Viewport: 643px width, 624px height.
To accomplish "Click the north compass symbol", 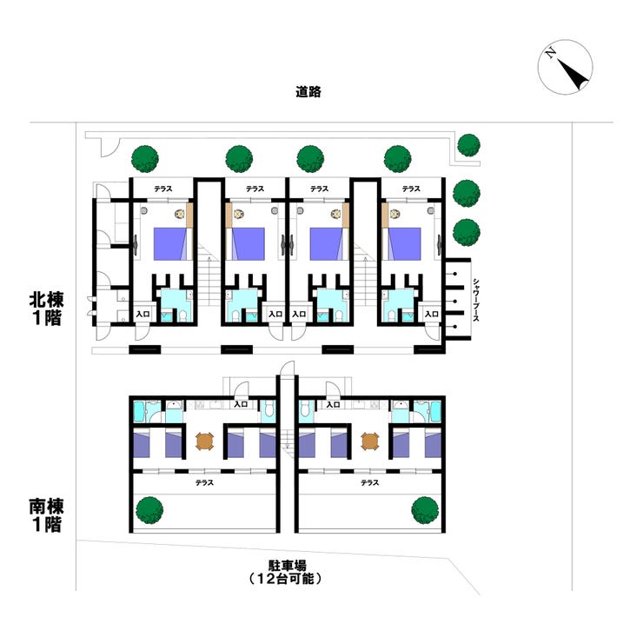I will pos(565,69).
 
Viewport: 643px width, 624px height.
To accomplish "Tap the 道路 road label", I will pos(308,91).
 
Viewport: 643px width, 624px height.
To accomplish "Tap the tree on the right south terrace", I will pos(424,508).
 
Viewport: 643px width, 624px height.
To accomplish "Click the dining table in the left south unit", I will pos(204,441).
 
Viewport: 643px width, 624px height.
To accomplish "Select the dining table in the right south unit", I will pos(370,441).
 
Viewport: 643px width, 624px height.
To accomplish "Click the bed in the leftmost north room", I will pos(169,242).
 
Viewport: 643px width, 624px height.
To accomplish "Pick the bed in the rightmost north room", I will pos(404,242).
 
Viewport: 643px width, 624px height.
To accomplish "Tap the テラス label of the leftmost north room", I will pos(163,189).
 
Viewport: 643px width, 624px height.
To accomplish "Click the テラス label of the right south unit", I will pos(370,481).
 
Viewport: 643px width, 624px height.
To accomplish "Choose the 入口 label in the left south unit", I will pos(242,404).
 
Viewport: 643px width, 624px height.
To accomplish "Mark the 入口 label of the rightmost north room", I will pos(430,314).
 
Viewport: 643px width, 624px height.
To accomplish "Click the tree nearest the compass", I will pos(468,144).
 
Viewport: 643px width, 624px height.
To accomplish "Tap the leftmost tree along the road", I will pos(145,158).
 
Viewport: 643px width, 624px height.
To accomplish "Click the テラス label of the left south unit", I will pos(204,481).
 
